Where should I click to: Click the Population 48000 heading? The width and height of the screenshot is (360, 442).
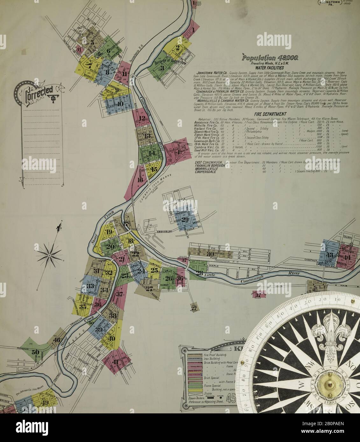[270, 58]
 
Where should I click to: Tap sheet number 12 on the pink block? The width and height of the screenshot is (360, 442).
[142, 119]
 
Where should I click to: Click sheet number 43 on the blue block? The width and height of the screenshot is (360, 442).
[329, 255]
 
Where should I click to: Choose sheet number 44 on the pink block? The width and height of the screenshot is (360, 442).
[347, 258]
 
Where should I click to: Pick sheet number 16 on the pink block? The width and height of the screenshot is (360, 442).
[140, 180]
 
